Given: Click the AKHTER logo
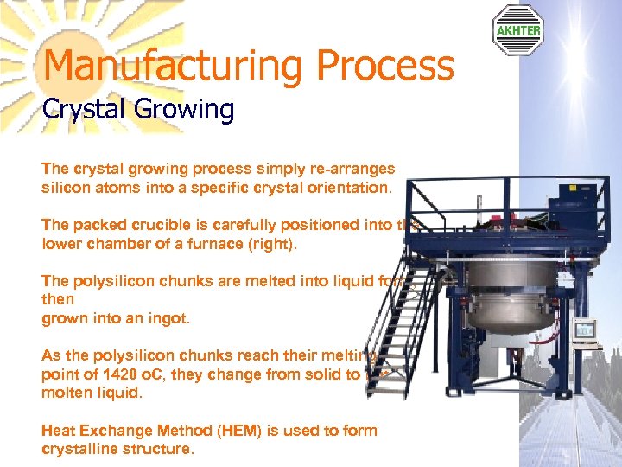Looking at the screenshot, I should (x=518, y=29).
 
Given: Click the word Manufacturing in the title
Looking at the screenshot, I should (x=173, y=67).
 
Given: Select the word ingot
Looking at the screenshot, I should (x=170, y=318).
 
